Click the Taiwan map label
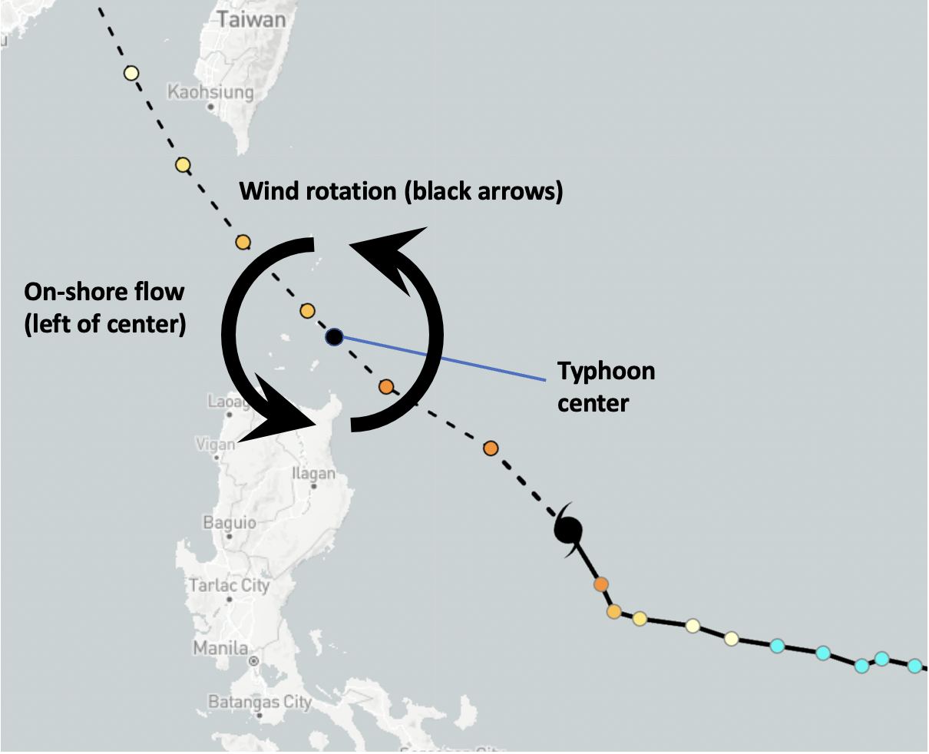pyautogui.click(x=252, y=19)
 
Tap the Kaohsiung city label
pyautogui.click(x=210, y=93)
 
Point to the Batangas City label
pyautogui.click(x=260, y=702)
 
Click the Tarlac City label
pyautogui.click(x=230, y=586)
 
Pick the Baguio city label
pyautogui.click(x=230, y=523)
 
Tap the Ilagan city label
pyautogui.click(x=313, y=474)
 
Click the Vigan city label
pyautogui.click(x=216, y=445)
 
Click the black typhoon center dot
pyautogui.click(x=334, y=337)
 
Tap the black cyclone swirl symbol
pyautogui.click(x=569, y=529)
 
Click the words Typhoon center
pyautogui.click(x=606, y=386)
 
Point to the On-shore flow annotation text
pyautogui.click(x=105, y=308)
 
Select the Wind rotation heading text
pyautogui.click(x=401, y=191)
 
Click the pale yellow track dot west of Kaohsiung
pyautogui.click(x=131, y=74)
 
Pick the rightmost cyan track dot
pyautogui.click(x=914, y=666)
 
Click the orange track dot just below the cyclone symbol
pyautogui.click(x=601, y=585)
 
